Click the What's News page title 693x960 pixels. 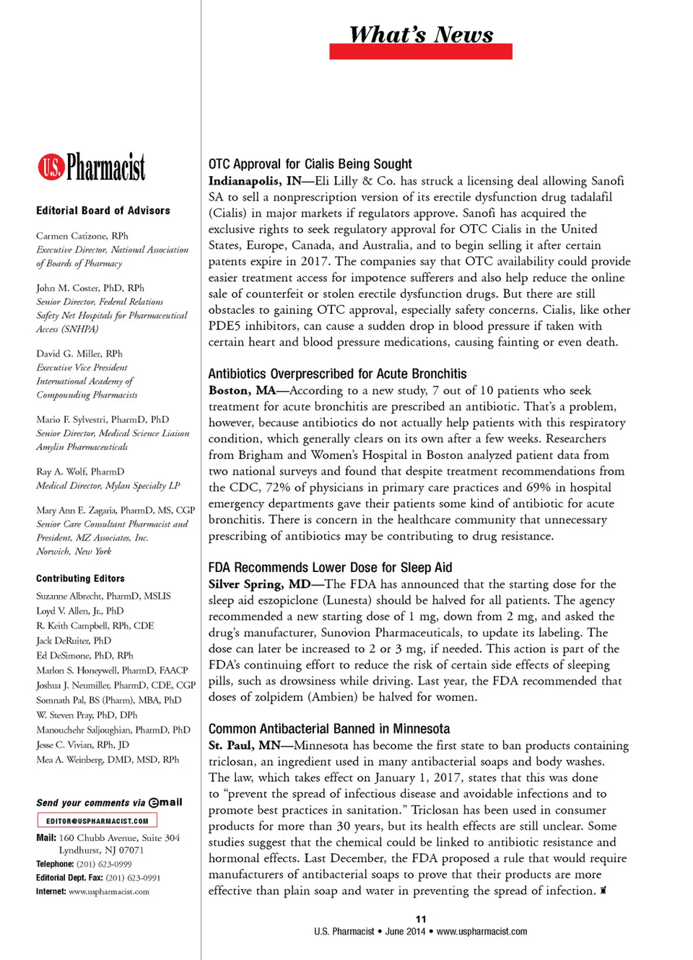[421, 35]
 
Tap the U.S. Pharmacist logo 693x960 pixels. [92, 167]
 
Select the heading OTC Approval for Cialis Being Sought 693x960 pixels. [310, 164]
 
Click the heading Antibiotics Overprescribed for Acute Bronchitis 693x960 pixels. [337, 374]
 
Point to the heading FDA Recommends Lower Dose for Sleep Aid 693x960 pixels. [330, 568]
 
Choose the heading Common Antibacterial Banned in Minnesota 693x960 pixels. [328, 728]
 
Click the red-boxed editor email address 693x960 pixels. [97, 821]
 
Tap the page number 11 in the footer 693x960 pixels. [421, 919]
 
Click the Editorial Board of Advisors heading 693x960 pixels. [103, 211]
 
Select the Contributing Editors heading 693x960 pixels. [80, 578]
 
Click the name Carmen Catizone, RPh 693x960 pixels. [82, 236]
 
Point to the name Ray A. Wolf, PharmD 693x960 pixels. [80, 472]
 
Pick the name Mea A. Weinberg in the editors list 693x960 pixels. [108, 759]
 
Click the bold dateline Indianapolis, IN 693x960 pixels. [255, 181]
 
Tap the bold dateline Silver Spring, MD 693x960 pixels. [259, 584]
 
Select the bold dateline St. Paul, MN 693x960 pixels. [245, 745]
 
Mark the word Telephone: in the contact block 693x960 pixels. [55, 864]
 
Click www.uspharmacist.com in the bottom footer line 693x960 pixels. [481, 931]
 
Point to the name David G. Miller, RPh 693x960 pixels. [79, 353]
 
